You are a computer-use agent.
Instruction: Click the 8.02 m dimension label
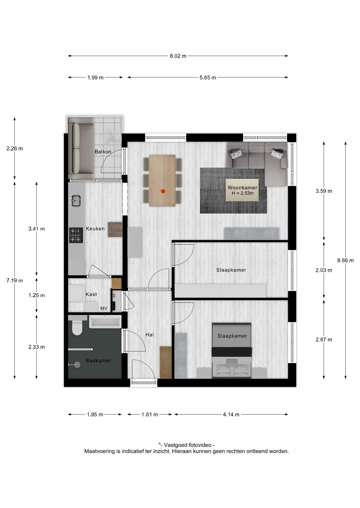pyautogui.click(x=178, y=56)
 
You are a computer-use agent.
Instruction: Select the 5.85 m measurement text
pyautogui.click(x=208, y=78)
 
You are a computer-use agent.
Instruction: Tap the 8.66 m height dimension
pyautogui.click(x=345, y=260)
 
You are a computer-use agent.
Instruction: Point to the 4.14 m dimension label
pyautogui.click(x=231, y=415)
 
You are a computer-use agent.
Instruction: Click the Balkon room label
pyautogui.click(x=103, y=152)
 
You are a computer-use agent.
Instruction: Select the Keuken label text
pyautogui.click(x=95, y=229)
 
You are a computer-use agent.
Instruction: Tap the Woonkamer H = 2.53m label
pyautogui.click(x=242, y=190)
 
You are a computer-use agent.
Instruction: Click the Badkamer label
pyautogui.click(x=98, y=360)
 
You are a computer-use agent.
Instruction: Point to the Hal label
pyautogui.click(x=150, y=335)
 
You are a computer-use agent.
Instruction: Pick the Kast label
pyautogui.click(x=91, y=294)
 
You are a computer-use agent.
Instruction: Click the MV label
pyautogui.click(x=104, y=309)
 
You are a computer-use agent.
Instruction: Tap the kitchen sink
pyautogui.click(x=76, y=201)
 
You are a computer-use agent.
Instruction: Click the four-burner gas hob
pyautogui.click(x=76, y=235)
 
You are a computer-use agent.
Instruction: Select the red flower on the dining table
pyautogui.click(x=163, y=191)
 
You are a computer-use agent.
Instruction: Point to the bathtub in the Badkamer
pyautogui.click(x=105, y=322)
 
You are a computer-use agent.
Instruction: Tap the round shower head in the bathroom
pyautogui.click(x=77, y=365)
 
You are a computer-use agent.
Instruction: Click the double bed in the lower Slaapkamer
pyautogui.click(x=231, y=351)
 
